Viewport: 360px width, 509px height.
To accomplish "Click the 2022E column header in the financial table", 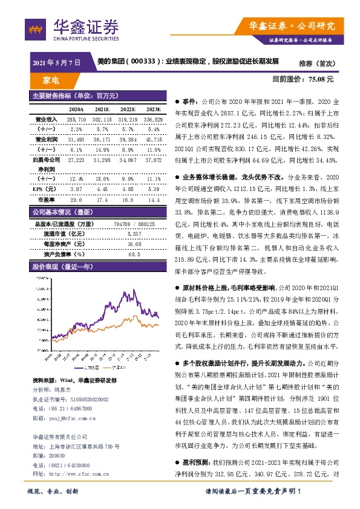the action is pos(128,109).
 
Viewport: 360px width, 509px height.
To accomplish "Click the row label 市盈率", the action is pos(46,198).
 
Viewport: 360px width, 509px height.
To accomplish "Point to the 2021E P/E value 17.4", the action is pos(102,198).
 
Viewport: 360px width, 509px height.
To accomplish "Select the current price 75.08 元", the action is pos(320,79).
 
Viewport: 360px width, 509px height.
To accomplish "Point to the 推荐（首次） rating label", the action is pos(312,62).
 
